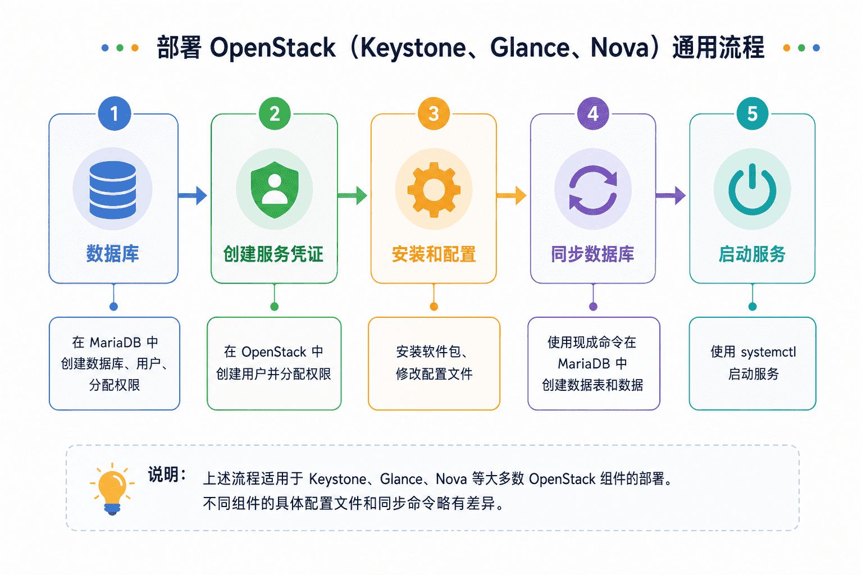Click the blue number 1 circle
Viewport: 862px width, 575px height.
[x=115, y=113]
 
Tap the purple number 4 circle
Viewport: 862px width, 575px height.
[x=593, y=113]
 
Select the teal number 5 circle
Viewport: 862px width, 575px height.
[x=752, y=113]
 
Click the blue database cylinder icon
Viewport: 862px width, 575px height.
[x=113, y=190]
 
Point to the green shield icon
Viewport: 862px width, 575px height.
[x=275, y=189]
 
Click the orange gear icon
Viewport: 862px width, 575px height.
[x=434, y=190]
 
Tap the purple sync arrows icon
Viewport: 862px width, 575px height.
[x=593, y=190]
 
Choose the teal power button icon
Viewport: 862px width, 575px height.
[x=752, y=189]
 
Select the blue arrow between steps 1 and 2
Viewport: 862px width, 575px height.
[x=193, y=195]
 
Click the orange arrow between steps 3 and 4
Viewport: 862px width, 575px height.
[x=512, y=195]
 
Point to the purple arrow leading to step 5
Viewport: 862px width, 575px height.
[x=671, y=195]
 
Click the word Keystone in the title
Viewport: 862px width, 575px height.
[x=413, y=48]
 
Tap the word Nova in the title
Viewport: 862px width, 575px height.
[x=620, y=47]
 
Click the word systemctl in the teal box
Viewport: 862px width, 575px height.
[x=768, y=352]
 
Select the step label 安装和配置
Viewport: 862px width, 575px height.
[x=434, y=254]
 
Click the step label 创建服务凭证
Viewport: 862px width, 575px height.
[x=273, y=254]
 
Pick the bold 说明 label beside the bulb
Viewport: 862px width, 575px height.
[x=163, y=474]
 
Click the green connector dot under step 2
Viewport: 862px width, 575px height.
[x=275, y=307]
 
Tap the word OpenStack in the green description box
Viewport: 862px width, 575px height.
[x=273, y=352]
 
